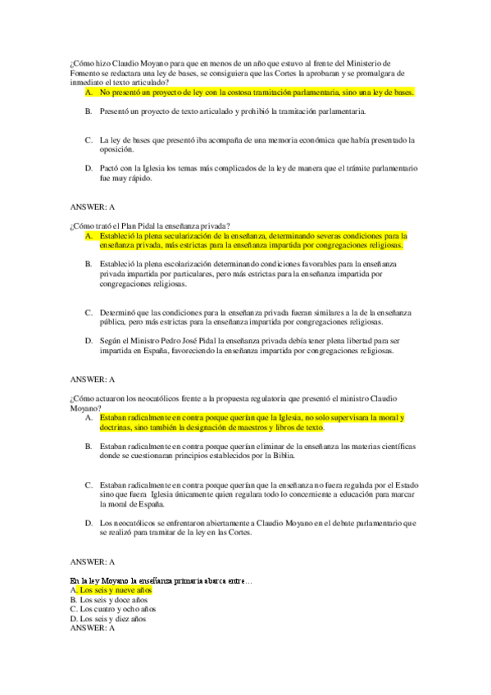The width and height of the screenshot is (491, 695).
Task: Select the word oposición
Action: tap(118, 149)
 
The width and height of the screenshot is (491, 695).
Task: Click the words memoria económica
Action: tap(278, 139)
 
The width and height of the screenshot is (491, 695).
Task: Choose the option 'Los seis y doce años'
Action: tap(111, 600)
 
